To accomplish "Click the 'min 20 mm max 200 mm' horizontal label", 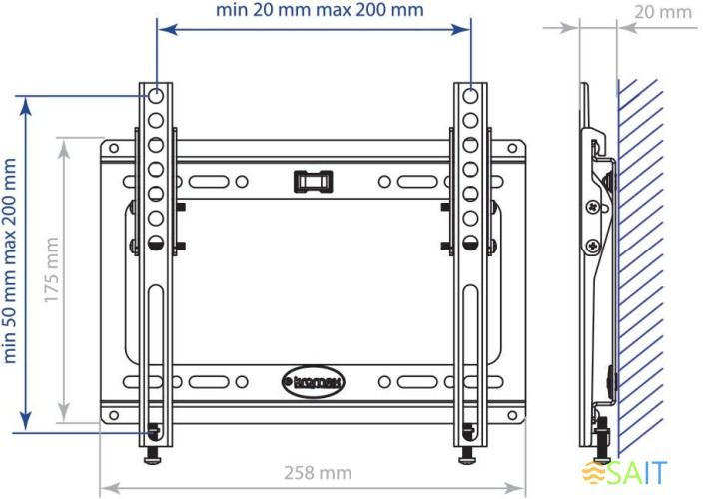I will click(x=320, y=11).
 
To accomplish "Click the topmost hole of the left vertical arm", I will click(x=157, y=97).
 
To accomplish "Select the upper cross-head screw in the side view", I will click(x=593, y=207).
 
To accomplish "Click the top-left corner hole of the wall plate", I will click(x=114, y=150).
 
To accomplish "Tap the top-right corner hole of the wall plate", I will click(x=512, y=150).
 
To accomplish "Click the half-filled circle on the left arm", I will click(x=157, y=242).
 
